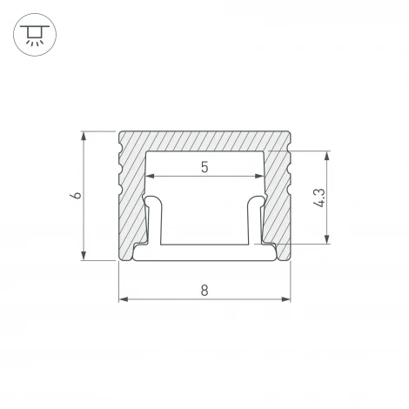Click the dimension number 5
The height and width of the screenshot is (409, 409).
(x=204, y=167)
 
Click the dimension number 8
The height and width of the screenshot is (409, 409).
(x=204, y=291)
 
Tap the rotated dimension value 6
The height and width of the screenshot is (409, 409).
(x=76, y=195)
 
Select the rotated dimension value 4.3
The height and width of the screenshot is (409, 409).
(x=320, y=198)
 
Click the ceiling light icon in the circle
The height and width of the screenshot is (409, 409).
(x=35, y=35)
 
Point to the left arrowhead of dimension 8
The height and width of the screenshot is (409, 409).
(x=124, y=299)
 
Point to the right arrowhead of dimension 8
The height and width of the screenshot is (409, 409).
(x=285, y=299)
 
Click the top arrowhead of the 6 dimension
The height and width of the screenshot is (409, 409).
(x=84, y=136)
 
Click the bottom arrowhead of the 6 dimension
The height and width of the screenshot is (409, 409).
(x=84, y=256)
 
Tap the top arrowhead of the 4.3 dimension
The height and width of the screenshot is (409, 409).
(x=327, y=156)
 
